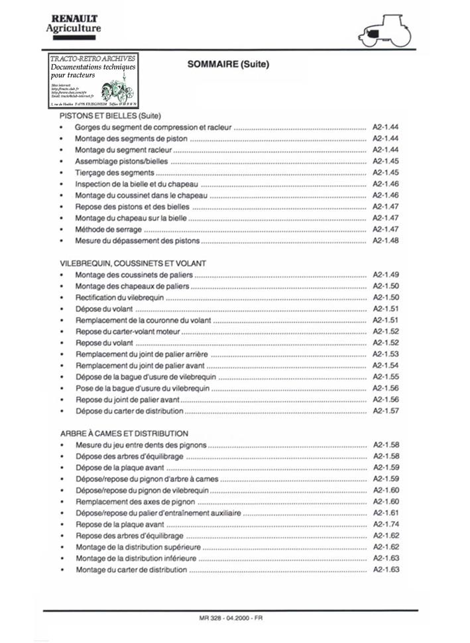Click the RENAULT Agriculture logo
point(73,23)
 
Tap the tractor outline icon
point(384,30)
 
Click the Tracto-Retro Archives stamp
point(93,81)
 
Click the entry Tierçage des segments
point(114,172)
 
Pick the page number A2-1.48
point(385,240)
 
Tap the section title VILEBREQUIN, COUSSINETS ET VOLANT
point(133,263)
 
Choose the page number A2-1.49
point(385,274)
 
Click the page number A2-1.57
point(385,411)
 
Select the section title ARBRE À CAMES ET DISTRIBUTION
point(123,433)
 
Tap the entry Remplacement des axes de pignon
point(131,501)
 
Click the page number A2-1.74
point(385,524)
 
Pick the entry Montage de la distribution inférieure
point(136,558)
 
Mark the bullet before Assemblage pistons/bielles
point(62,161)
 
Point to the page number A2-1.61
point(385,513)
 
